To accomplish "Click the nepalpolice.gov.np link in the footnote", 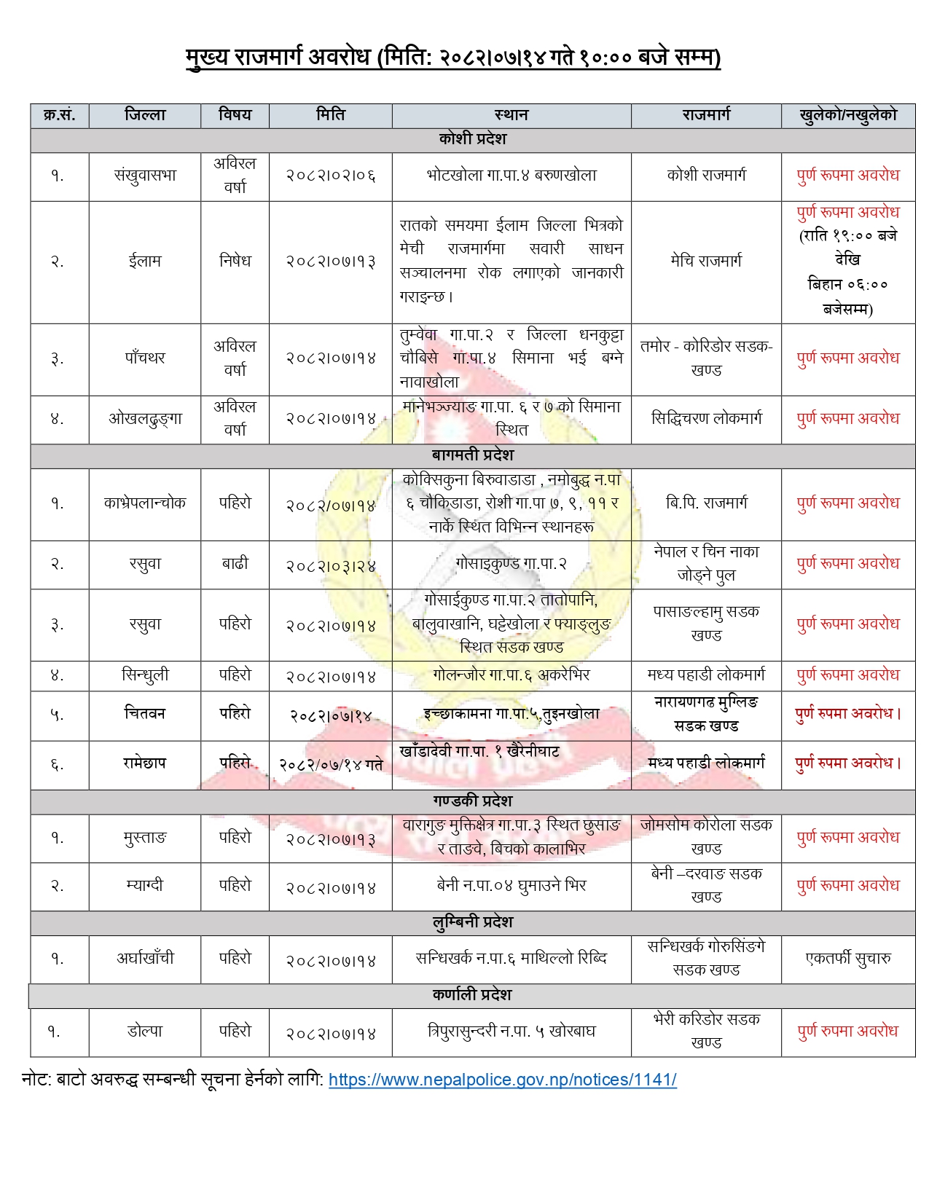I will pyautogui.click(x=502, y=1080).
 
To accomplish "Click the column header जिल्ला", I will pyautogui.click(x=145, y=115).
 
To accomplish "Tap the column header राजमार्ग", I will pyautogui.click(x=705, y=115).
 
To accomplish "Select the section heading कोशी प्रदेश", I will pyautogui.click(x=472, y=139).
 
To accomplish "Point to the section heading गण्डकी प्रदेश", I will pyautogui.click(x=472, y=801).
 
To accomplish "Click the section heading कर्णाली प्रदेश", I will pyautogui.click(x=472, y=995).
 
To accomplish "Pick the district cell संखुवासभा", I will pyautogui.click(x=145, y=176).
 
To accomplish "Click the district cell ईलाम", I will pyautogui.click(x=145, y=261).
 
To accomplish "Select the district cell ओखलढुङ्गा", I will pyautogui.click(x=145, y=419).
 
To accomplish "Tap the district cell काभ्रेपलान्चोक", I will pyautogui.click(x=145, y=503).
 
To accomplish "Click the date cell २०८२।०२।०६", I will pyautogui.click(x=330, y=176).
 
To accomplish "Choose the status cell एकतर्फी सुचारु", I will pyautogui.click(x=847, y=959).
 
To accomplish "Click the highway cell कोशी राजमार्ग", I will pyautogui.click(x=705, y=176).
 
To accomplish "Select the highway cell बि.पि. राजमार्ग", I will pyautogui.click(x=705, y=503).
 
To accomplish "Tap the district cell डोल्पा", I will pyautogui.click(x=145, y=1032).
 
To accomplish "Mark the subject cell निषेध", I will pyautogui.click(x=235, y=261).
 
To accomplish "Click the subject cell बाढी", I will pyautogui.click(x=235, y=564).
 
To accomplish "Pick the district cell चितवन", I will pyautogui.click(x=145, y=714).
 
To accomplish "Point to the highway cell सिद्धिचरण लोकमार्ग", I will pyautogui.click(x=705, y=419).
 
